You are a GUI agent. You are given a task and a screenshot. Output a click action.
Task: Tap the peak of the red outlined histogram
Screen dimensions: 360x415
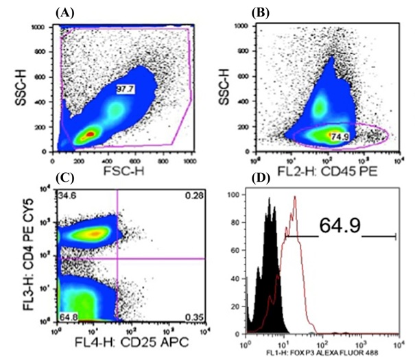tap(295, 197)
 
